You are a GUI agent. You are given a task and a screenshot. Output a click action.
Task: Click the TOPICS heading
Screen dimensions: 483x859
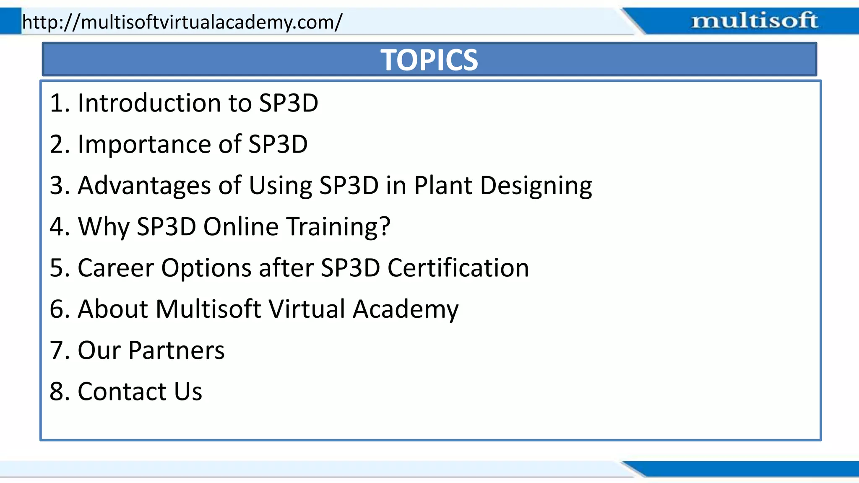(x=429, y=60)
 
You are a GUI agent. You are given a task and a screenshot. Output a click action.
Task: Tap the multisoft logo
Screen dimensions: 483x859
(x=754, y=21)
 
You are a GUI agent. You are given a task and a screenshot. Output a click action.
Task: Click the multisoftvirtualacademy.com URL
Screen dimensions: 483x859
(x=182, y=22)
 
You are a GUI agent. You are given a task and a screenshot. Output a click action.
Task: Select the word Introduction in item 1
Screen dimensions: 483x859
(x=149, y=103)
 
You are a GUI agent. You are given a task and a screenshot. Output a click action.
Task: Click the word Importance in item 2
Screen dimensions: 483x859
(x=144, y=144)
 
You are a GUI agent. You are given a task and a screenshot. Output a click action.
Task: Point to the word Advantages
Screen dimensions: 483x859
(x=144, y=185)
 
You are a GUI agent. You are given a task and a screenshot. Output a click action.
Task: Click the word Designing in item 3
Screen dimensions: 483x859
(x=536, y=185)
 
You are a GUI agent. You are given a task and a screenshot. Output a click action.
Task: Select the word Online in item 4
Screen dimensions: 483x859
(x=241, y=226)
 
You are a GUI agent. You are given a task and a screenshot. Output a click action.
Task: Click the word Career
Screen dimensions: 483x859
(x=115, y=267)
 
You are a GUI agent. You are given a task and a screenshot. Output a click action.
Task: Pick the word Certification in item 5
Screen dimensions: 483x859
(x=458, y=267)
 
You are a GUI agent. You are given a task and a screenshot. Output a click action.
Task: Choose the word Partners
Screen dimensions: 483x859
(x=176, y=350)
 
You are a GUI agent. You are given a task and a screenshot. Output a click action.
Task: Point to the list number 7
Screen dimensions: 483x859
(x=57, y=350)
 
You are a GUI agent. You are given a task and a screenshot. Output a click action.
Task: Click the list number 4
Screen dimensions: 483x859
(x=57, y=226)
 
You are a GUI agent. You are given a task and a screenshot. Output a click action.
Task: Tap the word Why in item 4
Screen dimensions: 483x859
(x=104, y=226)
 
